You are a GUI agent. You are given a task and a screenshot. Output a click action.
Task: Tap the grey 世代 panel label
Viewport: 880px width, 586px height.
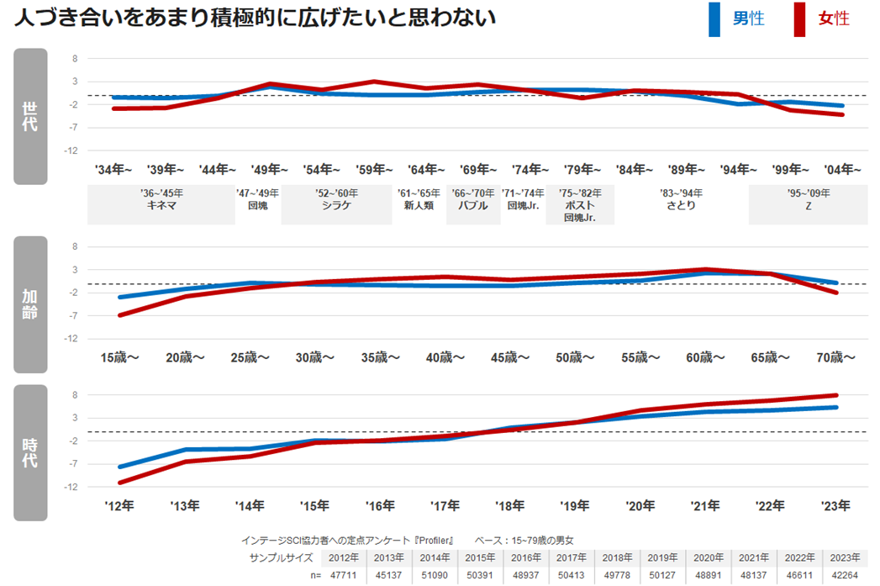tap(30, 116)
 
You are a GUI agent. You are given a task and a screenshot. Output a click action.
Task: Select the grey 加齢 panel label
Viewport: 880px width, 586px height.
tap(30, 304)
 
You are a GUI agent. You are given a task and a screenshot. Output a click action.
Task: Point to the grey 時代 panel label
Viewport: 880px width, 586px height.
tap(30, 452)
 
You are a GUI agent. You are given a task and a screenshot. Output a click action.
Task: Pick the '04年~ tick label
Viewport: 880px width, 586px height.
tap(843, 169)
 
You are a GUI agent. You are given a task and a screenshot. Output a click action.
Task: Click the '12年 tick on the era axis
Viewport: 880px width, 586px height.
tap(119, 505)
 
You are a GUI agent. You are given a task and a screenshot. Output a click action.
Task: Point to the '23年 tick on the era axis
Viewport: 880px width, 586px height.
tap(835, 505)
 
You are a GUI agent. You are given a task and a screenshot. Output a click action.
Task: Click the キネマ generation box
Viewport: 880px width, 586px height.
tap(161, 205)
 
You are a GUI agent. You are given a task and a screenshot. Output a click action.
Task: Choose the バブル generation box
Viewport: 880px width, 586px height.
tap(473, 205)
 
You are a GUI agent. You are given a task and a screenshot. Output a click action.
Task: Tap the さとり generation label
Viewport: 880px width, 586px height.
tap(681, 205)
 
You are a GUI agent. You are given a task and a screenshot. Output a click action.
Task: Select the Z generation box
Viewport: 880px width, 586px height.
tap(807, 205)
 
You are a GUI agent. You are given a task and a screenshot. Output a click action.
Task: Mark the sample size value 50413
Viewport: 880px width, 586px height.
tap(572, 575)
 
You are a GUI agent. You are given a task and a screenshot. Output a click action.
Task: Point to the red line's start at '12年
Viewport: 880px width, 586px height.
tap(120, 483)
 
